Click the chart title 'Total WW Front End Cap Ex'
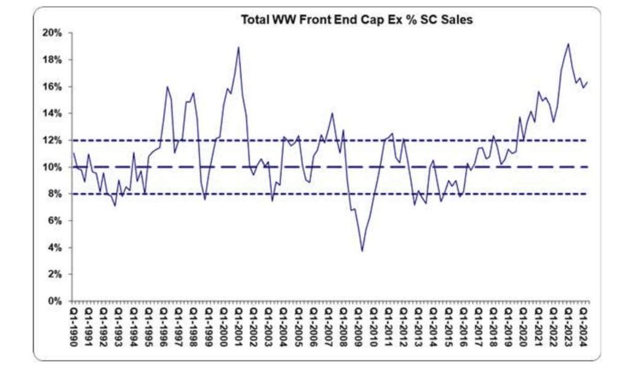358,20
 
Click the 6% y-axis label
55,221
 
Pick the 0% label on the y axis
55,302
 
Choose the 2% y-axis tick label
55,274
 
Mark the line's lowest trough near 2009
362,251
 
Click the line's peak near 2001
239,47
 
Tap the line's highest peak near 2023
568,44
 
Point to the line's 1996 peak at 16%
167,87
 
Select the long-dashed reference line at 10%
308,167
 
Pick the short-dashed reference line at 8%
308,194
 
